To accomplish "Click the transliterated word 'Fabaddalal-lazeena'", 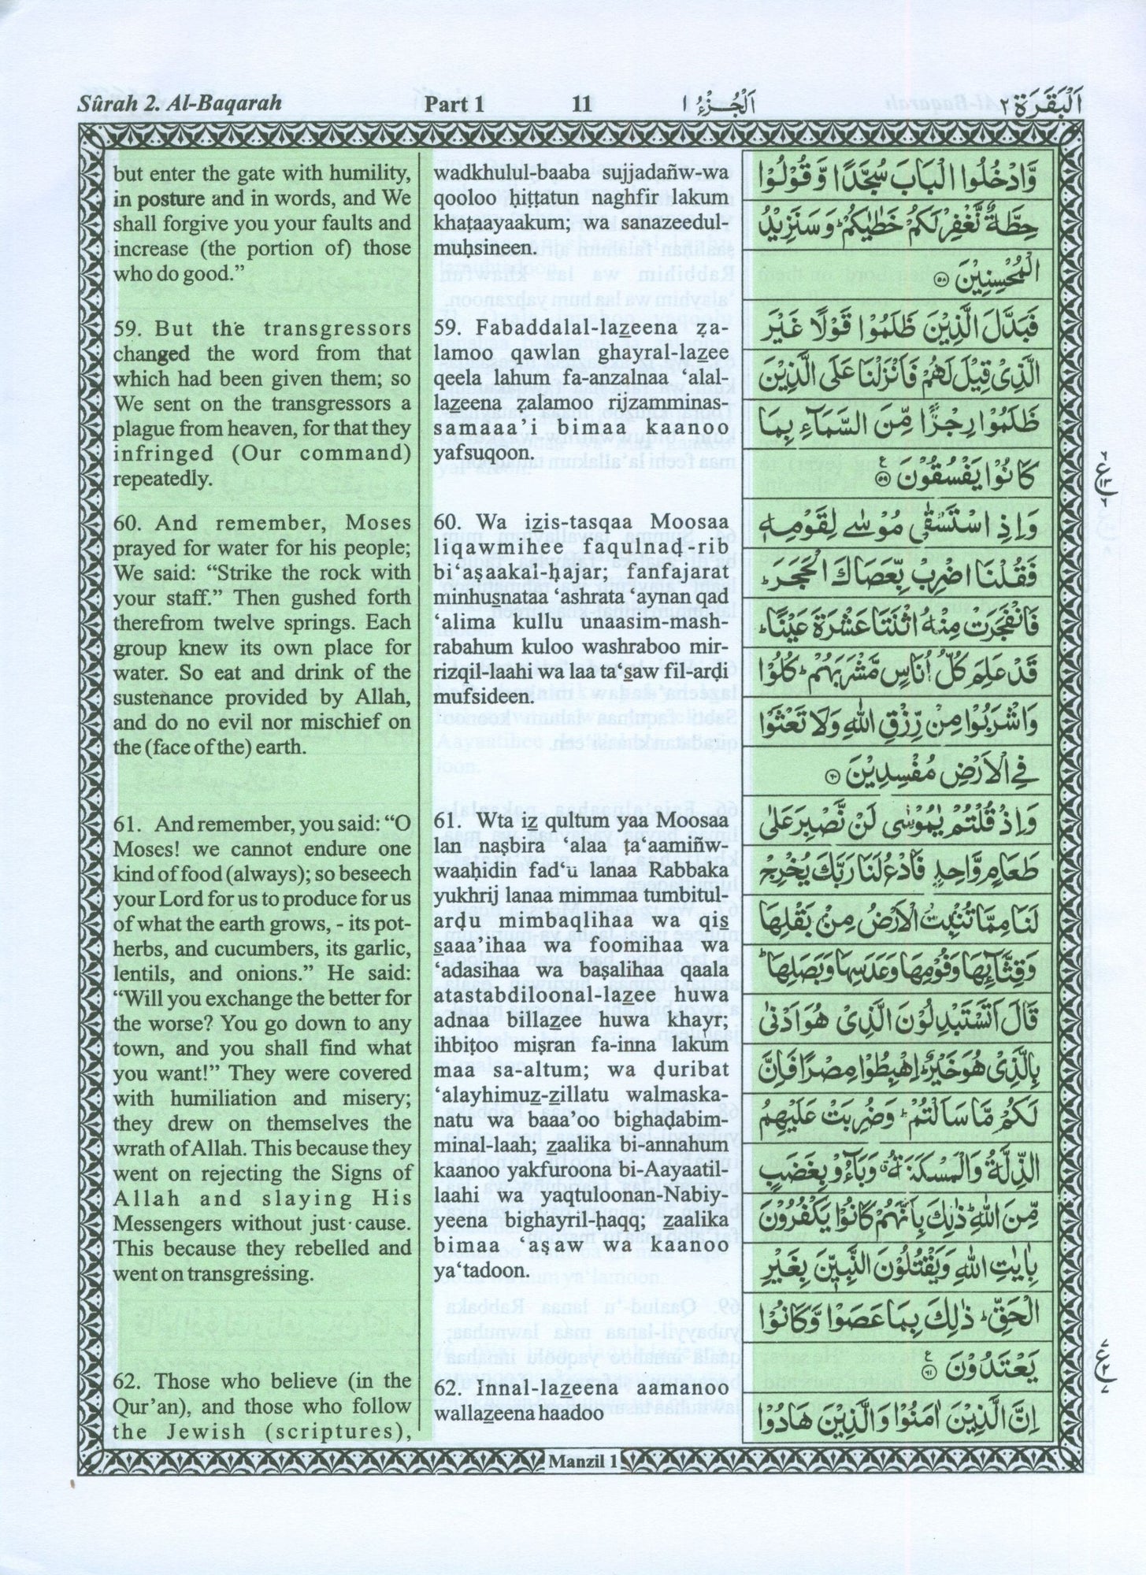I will coord(544,328).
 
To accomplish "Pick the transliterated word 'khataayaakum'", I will coord(485,224).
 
